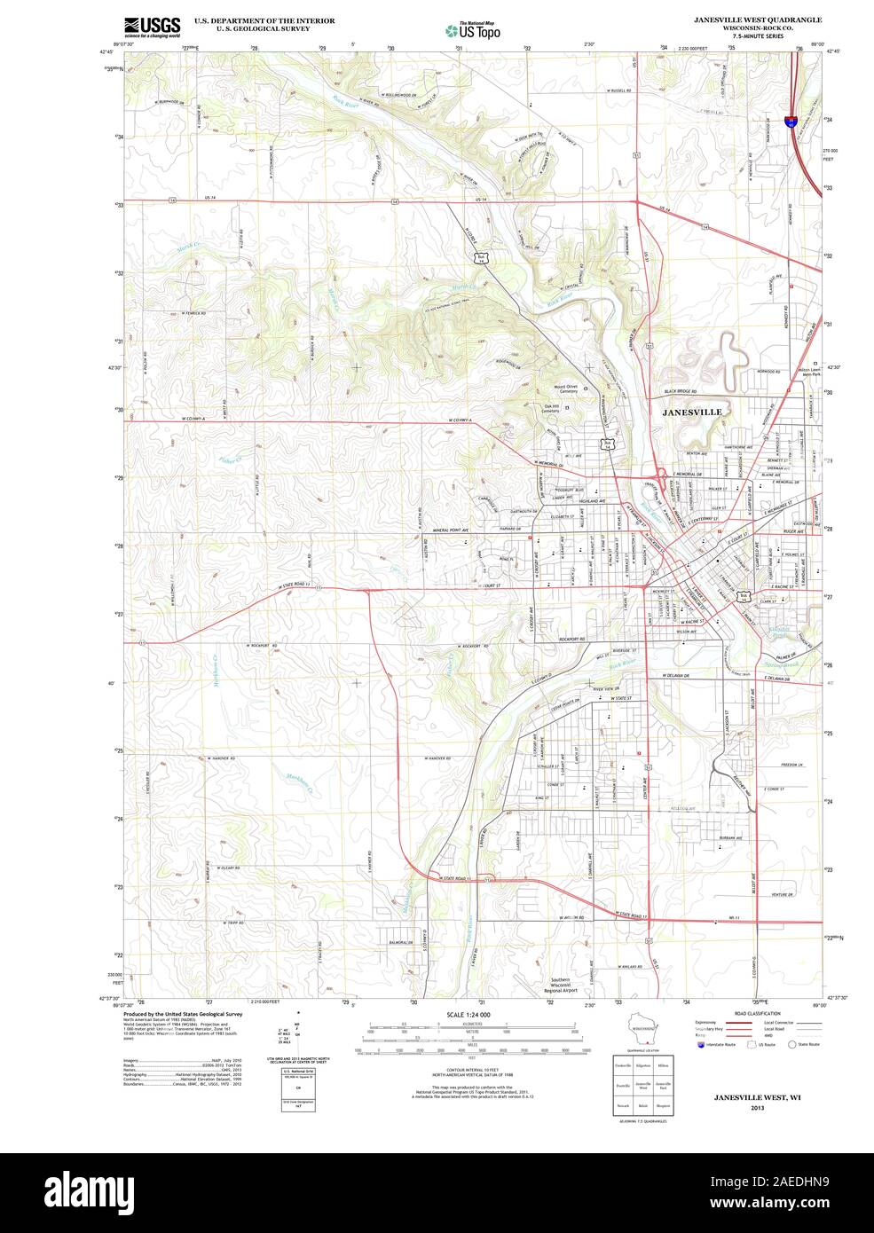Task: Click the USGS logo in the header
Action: click(x=152, y=26)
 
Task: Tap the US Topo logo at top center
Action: click(x=473, y=30)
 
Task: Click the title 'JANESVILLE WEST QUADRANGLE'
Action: click(x=759, y=19)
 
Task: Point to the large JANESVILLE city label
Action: click(x=692, y=412)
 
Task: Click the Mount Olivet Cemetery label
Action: click(x=571, y=389)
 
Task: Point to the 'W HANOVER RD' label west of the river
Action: click(x=220, y=758)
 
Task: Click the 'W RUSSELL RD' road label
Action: click(x=618, y=91)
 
